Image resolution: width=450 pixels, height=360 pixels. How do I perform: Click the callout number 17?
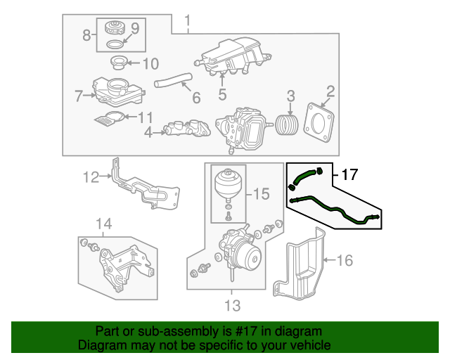[350, 174]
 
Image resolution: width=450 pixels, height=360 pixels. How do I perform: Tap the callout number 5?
[222, 94]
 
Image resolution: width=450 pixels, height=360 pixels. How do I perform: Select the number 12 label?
[91, 177]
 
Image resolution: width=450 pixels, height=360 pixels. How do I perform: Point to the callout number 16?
[345, 260]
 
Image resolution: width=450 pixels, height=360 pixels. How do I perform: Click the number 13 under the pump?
[233, 305]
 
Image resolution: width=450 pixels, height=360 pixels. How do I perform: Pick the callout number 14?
[103, 224]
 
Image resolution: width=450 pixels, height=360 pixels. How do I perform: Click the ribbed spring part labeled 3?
[287, 124]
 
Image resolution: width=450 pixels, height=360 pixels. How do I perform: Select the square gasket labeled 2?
[319, 123]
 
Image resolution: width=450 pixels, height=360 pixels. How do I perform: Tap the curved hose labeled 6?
[173, 80]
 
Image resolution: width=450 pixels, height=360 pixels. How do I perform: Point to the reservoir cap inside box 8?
[115, 27]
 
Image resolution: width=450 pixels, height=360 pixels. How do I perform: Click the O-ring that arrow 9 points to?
[115, 44]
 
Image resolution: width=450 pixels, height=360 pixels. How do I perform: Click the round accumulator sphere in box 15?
[229, 183]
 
